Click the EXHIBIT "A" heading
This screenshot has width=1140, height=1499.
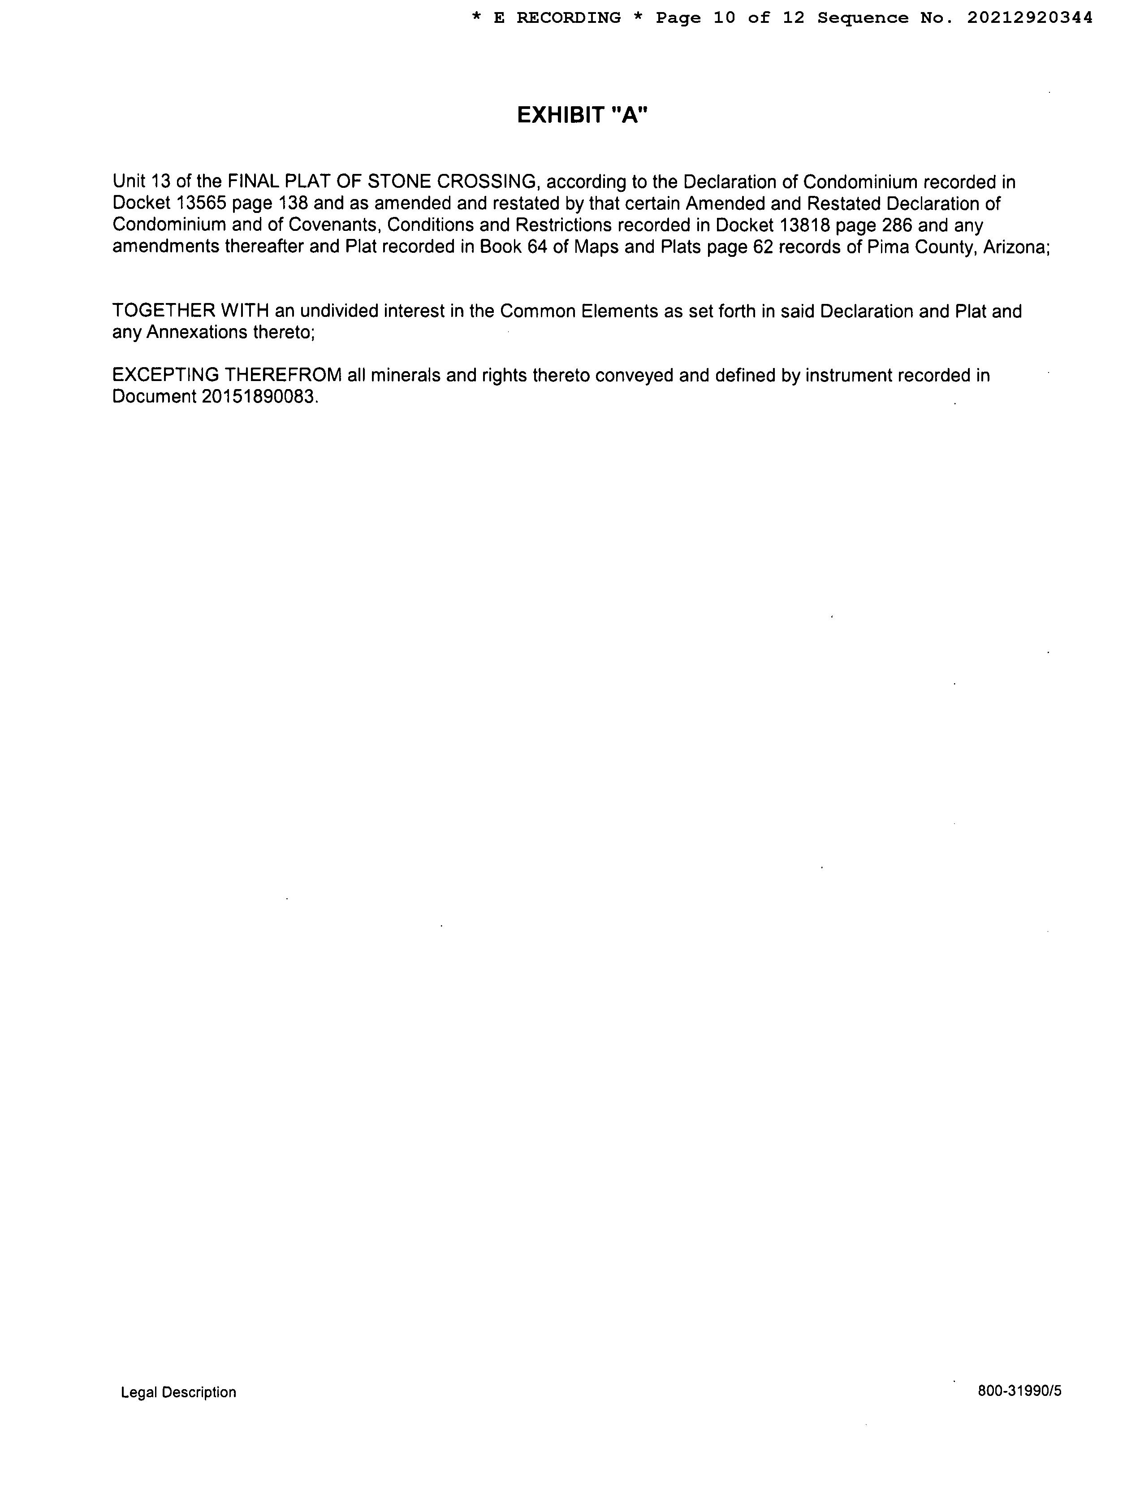[582, 115]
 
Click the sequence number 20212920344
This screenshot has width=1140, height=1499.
[1029, 18]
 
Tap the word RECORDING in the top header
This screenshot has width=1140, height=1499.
[568, 18]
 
